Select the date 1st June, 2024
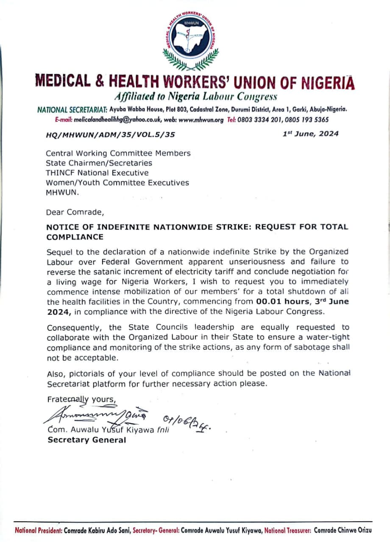[311, 134]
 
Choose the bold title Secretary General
[86, 440]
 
